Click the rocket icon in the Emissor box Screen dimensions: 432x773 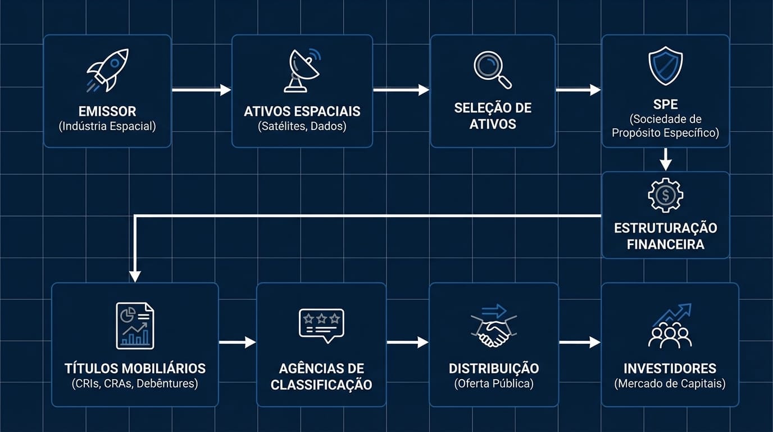107,70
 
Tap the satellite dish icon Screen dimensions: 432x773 302,70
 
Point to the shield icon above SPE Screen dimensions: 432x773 666,66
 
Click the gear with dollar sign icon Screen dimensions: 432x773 666,195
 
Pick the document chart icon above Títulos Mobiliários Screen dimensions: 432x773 135,325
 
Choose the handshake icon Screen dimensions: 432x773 493,327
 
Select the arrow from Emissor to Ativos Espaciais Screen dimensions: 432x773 201,90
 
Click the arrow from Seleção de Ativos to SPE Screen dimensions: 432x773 578,90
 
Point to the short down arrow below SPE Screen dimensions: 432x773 666,159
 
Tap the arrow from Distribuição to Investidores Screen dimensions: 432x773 580,342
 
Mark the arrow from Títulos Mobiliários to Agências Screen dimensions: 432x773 237,342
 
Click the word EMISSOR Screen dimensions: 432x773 107,111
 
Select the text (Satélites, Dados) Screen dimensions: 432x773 302,126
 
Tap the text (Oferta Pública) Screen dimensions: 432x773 494,384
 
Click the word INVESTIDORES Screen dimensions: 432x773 670,369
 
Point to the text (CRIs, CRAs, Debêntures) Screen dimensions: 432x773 135,384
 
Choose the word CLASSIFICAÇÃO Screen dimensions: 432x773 321,385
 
